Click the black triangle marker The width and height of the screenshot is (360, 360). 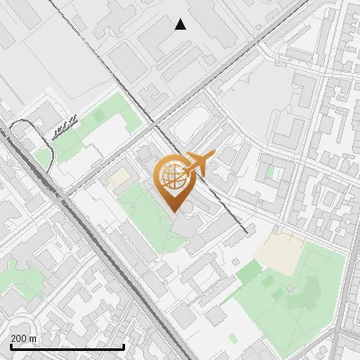coord(181,24)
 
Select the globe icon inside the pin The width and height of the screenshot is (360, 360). coord(172,176)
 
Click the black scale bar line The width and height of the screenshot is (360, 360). coord(67,347)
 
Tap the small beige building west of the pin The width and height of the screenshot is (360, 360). coord(119,179)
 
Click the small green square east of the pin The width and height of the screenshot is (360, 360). coord(271,170)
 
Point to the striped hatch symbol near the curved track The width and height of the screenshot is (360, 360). coord(63,129)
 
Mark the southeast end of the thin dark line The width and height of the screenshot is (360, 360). coord(246,232)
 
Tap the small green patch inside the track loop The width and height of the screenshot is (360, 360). coord(42,157)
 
